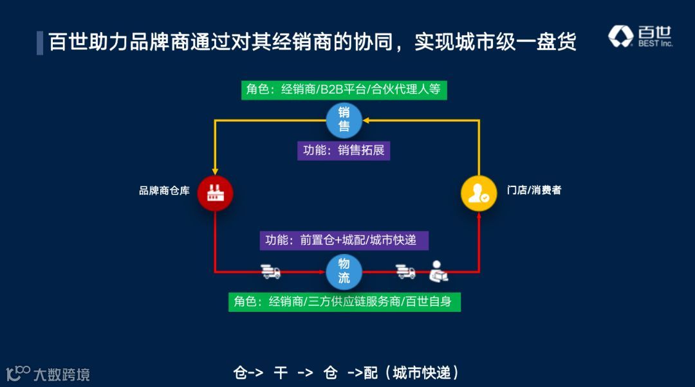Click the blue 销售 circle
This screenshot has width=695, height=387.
[344, 120]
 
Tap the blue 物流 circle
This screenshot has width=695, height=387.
[344, 271]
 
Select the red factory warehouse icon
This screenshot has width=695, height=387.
[214, 193]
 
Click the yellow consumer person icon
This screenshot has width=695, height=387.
[479, 194]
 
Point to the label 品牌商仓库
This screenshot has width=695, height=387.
[164, 191]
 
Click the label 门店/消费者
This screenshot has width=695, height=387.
[533, 190]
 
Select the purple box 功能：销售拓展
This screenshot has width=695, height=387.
[344, 151]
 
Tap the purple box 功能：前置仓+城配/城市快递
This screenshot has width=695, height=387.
[344, 240]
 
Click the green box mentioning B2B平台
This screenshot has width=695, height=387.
[344, 89]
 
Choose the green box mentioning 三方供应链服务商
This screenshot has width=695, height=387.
[344, 301]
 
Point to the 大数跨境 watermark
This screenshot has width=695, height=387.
[48, 373]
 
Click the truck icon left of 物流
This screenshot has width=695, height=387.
[270, 271]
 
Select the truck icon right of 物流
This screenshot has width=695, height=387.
[405, 271]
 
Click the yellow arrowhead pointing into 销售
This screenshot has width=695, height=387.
[367, 120]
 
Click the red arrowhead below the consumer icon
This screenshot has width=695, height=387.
[479, 217]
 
